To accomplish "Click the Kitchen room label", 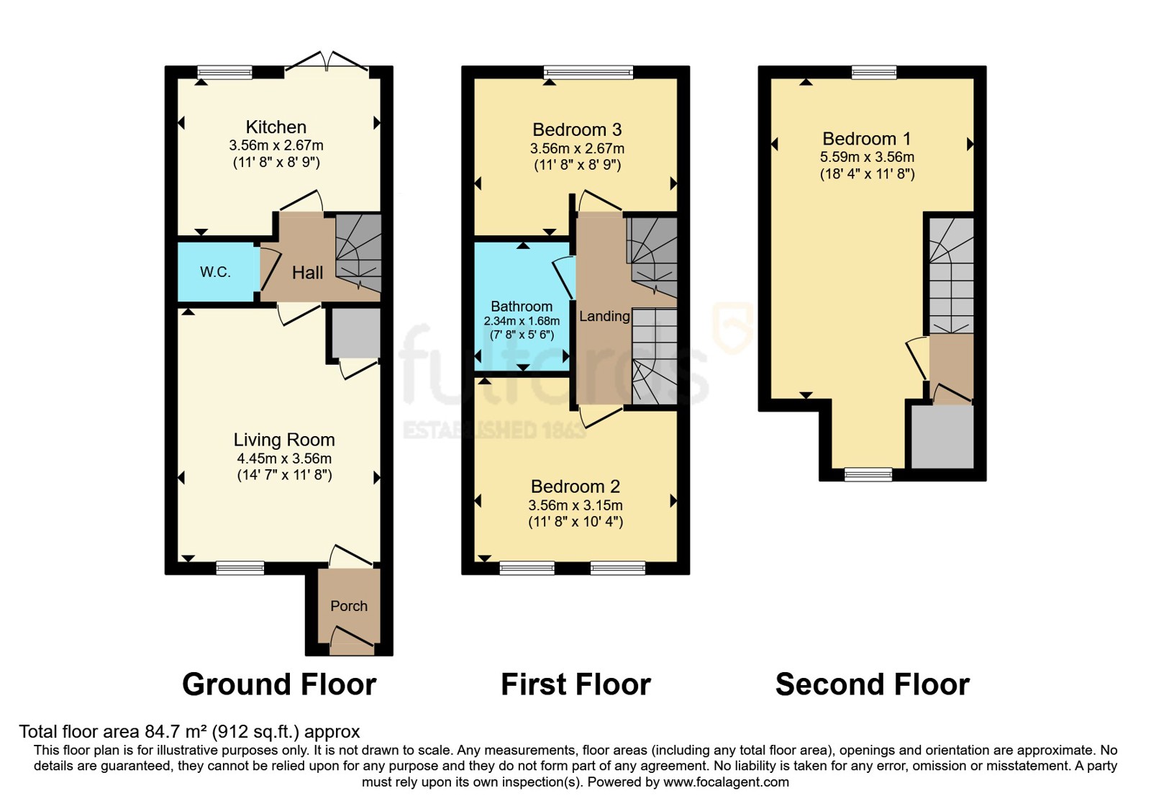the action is point(276,127).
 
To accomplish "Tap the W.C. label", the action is point(215,272).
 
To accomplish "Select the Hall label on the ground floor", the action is point(307,273).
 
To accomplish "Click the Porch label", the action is point(349,606).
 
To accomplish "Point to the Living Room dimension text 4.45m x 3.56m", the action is point(284,458).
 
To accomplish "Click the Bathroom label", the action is point(522,307).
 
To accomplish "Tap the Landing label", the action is point(604,316).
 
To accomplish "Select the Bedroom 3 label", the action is point(577,130).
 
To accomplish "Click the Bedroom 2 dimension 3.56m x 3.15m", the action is point(575,505).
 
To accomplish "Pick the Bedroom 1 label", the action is point(867,139).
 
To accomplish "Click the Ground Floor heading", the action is point(280,684).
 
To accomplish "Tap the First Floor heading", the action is point(576,684).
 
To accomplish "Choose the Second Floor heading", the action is point(873,684).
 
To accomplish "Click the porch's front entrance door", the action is point(352,640).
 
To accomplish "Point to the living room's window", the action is point(240,568).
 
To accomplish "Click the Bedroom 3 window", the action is point(589,73).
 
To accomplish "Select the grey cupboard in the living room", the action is point(355,332).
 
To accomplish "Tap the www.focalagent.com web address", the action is point(726,782).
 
